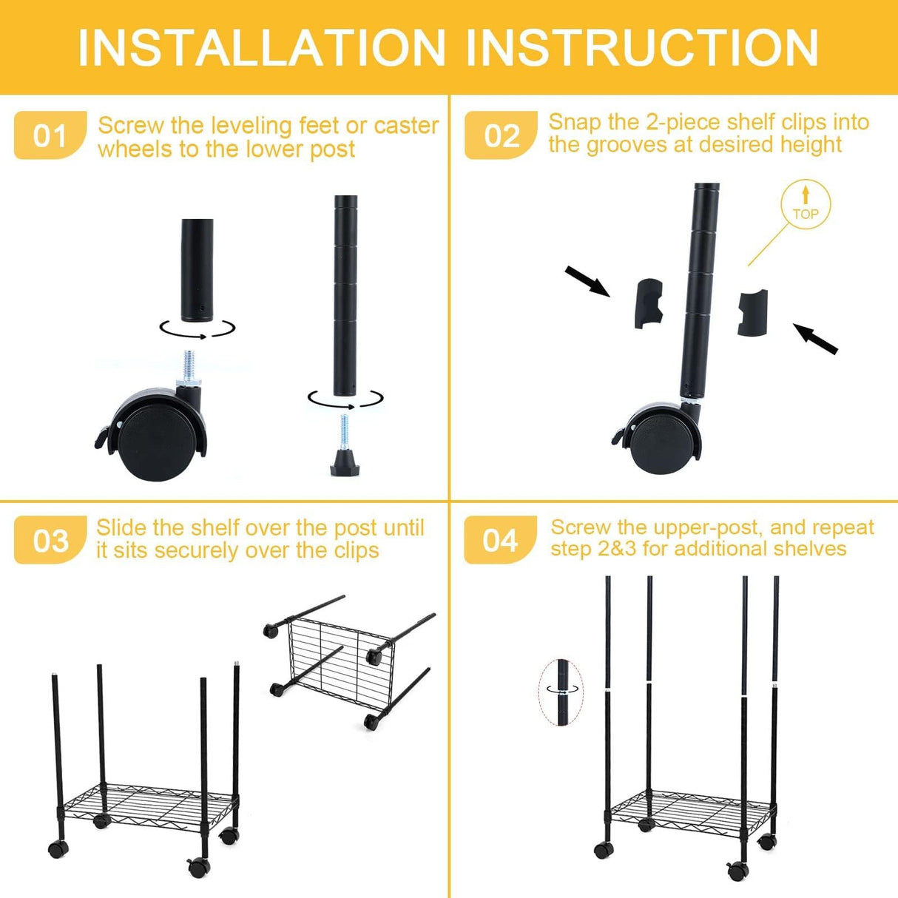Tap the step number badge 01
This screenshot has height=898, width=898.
[50, 136]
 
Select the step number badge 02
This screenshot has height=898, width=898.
[501, 136]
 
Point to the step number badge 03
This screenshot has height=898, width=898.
[50, 541]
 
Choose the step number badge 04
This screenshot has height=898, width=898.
[500, 541]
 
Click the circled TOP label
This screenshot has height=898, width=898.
[806, 204]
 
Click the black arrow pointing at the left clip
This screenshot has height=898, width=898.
[587, 282]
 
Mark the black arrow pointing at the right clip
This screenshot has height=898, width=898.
[815, 339]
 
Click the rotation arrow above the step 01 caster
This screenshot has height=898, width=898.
[198, 329]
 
